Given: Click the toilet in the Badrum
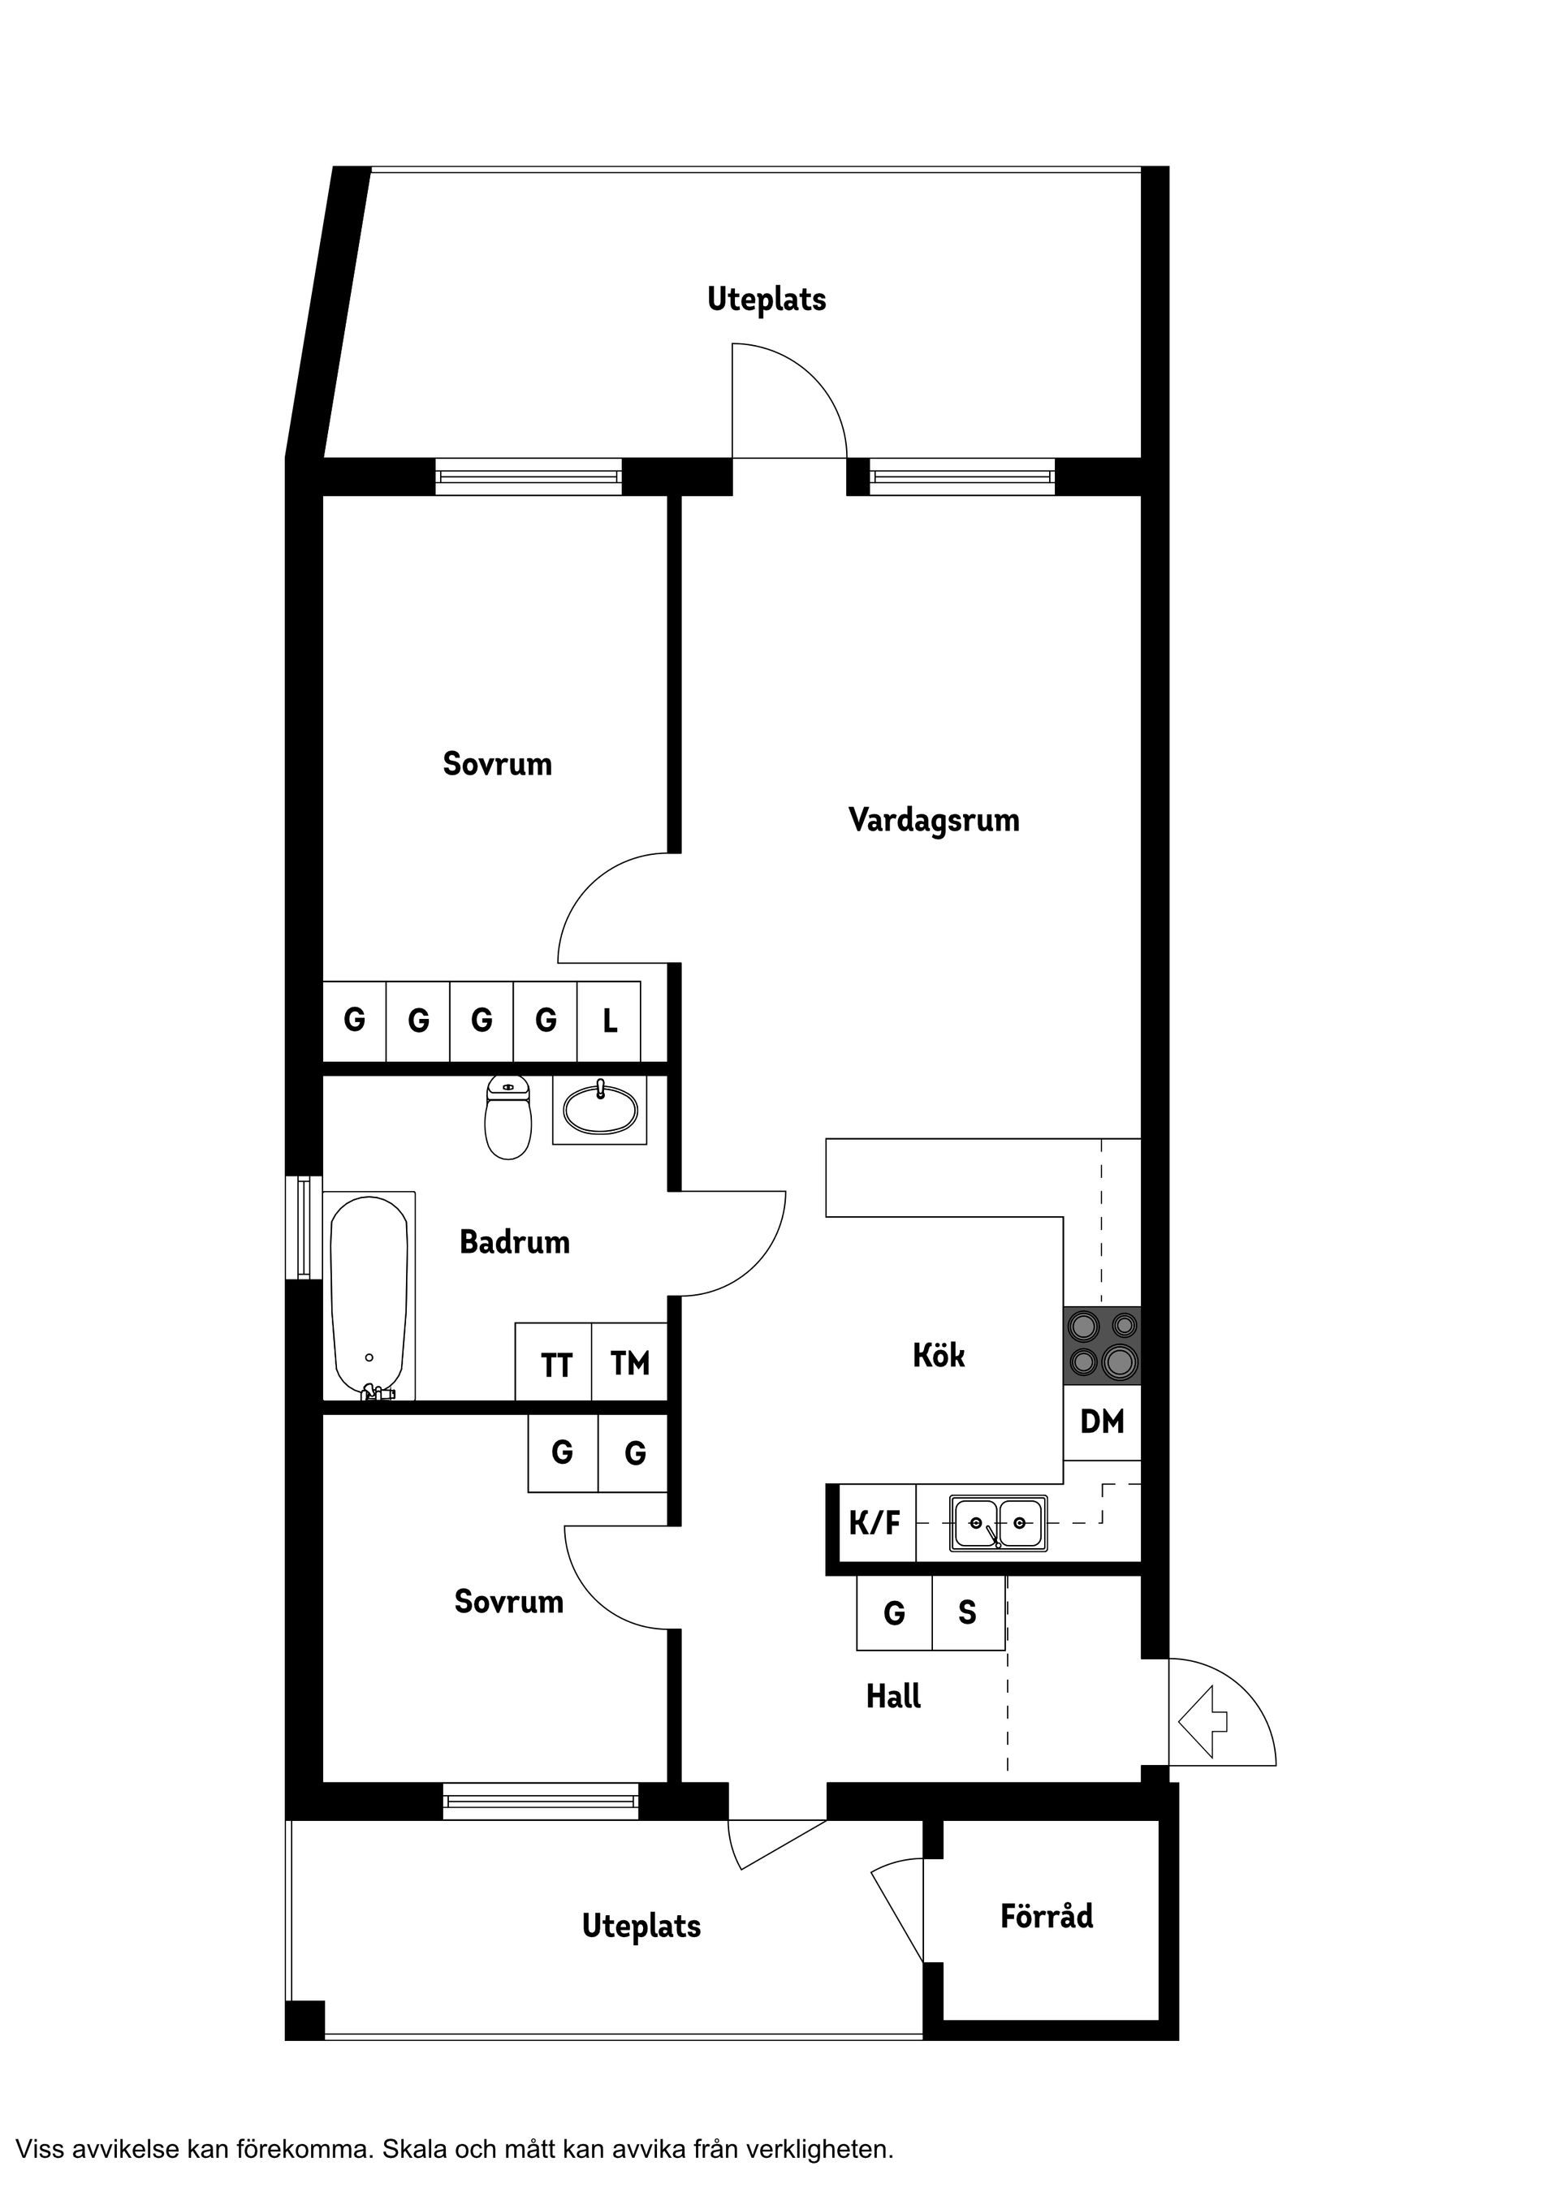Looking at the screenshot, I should (508, 1120).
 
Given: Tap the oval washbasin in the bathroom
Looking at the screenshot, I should (599, 1111).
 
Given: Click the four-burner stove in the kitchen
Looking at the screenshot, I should (1103, 1345).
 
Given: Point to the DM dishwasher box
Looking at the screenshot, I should (1102, 1422).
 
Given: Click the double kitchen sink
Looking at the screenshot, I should (998, 1523).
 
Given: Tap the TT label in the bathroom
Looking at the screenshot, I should (556, 1365).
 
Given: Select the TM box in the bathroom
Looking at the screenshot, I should (629, 1363).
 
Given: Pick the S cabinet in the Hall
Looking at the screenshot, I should (967, 1612).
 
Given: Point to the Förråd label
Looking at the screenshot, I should (1046, 1916).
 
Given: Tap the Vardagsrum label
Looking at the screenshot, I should (934, 821).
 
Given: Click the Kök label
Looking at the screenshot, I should (939, 1355).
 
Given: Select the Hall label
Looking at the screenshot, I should (893, 1697).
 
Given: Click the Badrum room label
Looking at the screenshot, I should (515, 1242).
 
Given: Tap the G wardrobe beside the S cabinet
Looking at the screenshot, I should (894, 1612).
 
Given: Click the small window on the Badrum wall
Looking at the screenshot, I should (304, 1228).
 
